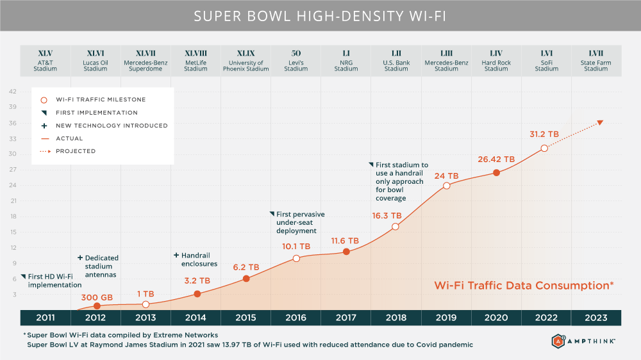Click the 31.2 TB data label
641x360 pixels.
[544, 135]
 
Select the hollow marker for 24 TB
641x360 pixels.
[446, 186]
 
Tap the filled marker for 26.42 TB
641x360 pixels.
[496, 172]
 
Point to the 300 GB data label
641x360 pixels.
[97, 297]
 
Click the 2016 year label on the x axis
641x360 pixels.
[296, 318]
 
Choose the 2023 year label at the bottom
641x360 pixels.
[595, 318]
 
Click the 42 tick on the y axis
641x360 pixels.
[12, 92]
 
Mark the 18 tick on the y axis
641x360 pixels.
[12, 217]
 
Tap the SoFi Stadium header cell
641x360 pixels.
[546, 61]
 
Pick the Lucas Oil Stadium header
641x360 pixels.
[96, 61]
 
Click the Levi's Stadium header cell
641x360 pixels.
[296, 61]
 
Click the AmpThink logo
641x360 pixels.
[583, 341]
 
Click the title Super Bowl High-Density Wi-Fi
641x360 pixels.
[320, 15]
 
